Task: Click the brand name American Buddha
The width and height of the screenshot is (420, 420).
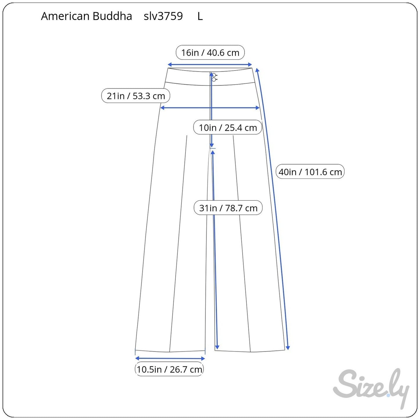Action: pos(87,16)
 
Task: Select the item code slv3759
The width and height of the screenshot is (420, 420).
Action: pos(163,16)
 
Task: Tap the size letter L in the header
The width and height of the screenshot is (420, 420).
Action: pos(200,16)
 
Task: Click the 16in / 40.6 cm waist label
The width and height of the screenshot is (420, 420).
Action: pos(210,53)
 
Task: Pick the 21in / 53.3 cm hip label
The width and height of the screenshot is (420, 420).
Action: pos(135,96)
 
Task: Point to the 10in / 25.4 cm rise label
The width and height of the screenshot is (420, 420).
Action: pos(228,127)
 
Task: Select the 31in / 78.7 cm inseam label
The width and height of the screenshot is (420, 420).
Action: pos(228,208)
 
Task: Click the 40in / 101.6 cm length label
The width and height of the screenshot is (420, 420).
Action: pos(310,171)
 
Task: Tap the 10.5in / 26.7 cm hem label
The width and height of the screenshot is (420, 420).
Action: pos(169,369)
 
